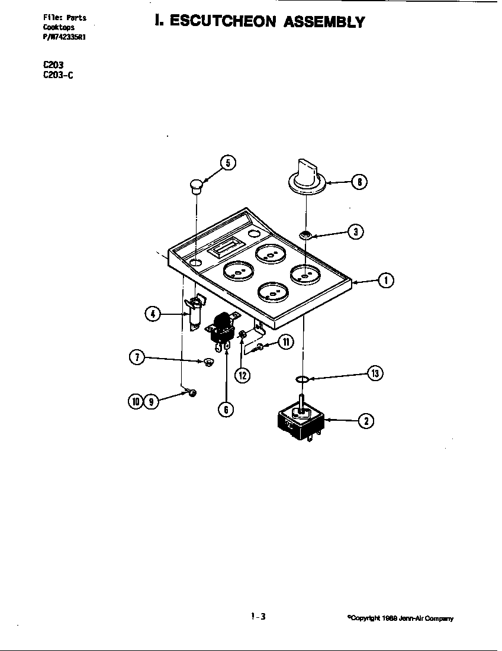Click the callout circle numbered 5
pos(228,163)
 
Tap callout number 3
pos(355,232)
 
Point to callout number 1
pos(385,281)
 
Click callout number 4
pos(153,314)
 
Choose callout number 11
pos(285,343)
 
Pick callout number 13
pos(375,373)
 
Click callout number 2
pos(366,421)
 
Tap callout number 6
pos(225,408)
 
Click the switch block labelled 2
pos(300,420)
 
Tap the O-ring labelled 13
pos(301,379)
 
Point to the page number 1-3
pos(258,616)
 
